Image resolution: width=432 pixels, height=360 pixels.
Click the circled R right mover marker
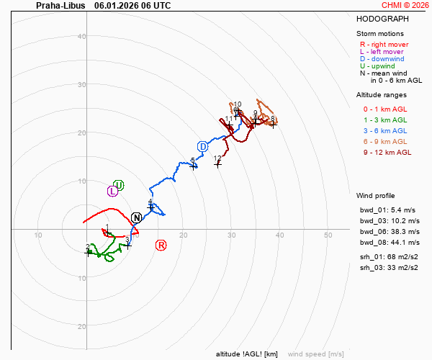click(161, 246)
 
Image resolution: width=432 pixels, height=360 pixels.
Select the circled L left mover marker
click(112, 191)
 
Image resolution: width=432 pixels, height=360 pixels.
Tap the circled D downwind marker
click(203, 147)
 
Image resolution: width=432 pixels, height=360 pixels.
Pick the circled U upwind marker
click(119, 185)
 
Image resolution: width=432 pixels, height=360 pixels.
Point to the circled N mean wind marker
click(137, 217)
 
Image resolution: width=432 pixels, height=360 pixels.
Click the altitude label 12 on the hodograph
click(217, 158)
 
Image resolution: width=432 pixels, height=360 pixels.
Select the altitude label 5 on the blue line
click(193, 161)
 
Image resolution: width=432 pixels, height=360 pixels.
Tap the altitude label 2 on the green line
click(88, 248)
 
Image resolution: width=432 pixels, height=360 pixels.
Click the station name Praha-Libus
click(60, 5)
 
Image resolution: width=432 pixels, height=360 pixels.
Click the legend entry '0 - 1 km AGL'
click(385, 109)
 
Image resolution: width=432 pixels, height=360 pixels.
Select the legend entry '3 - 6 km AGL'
click(385, 130)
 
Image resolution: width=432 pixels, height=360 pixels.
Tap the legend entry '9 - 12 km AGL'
click(387, 152)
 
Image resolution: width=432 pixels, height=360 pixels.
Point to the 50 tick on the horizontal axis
click(328, 235)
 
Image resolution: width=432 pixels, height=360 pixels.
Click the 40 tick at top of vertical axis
click(81, 37)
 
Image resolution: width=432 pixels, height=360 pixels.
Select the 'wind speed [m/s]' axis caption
click(315, 354)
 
